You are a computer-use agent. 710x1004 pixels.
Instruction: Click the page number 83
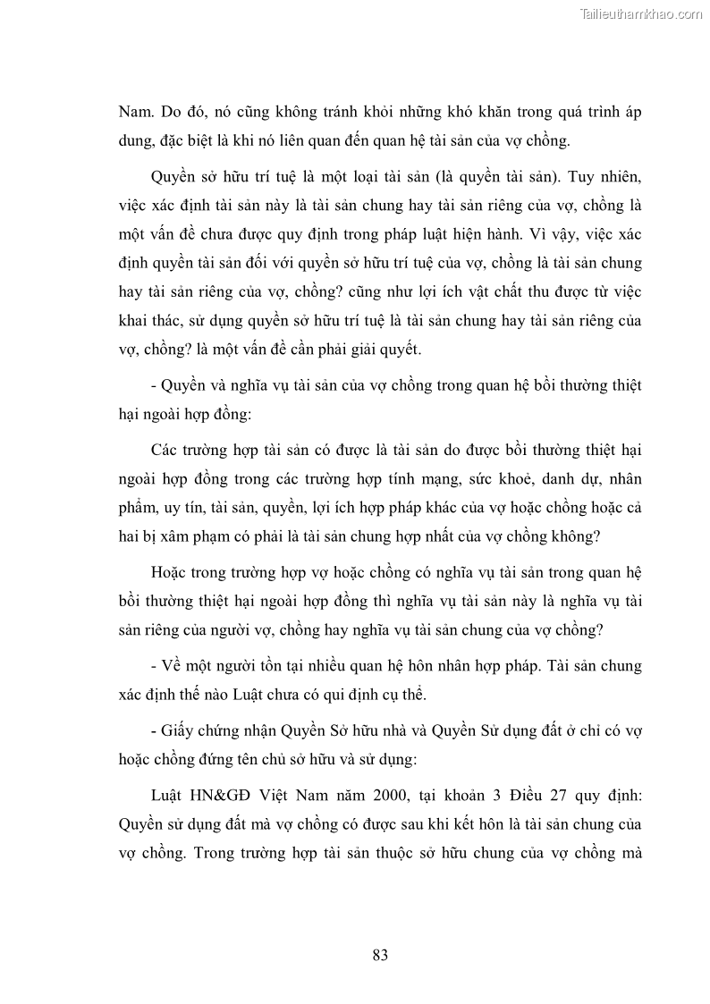[380, 955]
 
